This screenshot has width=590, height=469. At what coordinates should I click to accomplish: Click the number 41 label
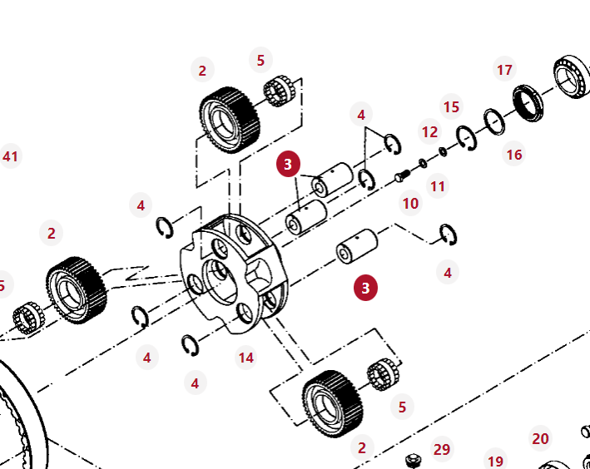(x=10, y=156)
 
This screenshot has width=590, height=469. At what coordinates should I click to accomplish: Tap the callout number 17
(x=504, y=70)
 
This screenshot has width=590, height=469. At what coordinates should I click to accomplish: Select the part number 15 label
(x=451, y=107)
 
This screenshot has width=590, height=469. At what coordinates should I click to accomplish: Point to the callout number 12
(x=429, y=132)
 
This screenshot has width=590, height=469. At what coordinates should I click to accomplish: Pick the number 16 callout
(x=513, y=155)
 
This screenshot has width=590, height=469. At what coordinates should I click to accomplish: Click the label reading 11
(x=438, y=186)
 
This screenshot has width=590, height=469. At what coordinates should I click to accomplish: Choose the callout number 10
(x=410, y=203)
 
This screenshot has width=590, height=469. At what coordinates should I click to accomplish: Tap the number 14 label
(x=245, y=358)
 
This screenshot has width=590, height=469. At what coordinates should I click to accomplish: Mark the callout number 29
(x=442, y=449)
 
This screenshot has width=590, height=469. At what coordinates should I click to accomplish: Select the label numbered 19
(x=495, y=462)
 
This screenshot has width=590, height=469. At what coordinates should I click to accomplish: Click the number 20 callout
(x=540, y=439)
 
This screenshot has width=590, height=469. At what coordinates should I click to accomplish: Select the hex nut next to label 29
(x=412, y=460)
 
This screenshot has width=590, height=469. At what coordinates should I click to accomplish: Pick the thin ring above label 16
(x=494, y=122)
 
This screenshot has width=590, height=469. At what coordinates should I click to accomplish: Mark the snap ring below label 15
(x=466, y=137)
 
